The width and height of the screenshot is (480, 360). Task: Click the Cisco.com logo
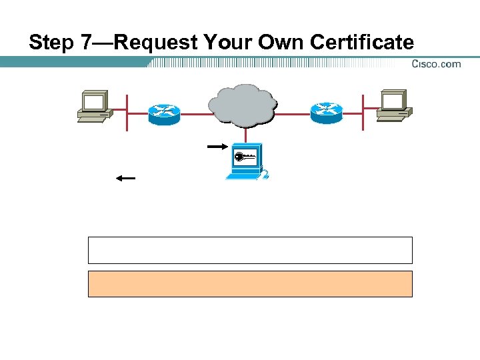point(436,64)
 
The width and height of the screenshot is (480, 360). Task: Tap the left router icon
point(164,114)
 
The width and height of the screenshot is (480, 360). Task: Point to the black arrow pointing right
point(217,146)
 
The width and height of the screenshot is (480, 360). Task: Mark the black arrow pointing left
point(125,178)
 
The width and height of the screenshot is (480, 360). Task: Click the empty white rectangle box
point(250,250)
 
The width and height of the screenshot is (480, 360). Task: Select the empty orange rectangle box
point(250,283)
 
